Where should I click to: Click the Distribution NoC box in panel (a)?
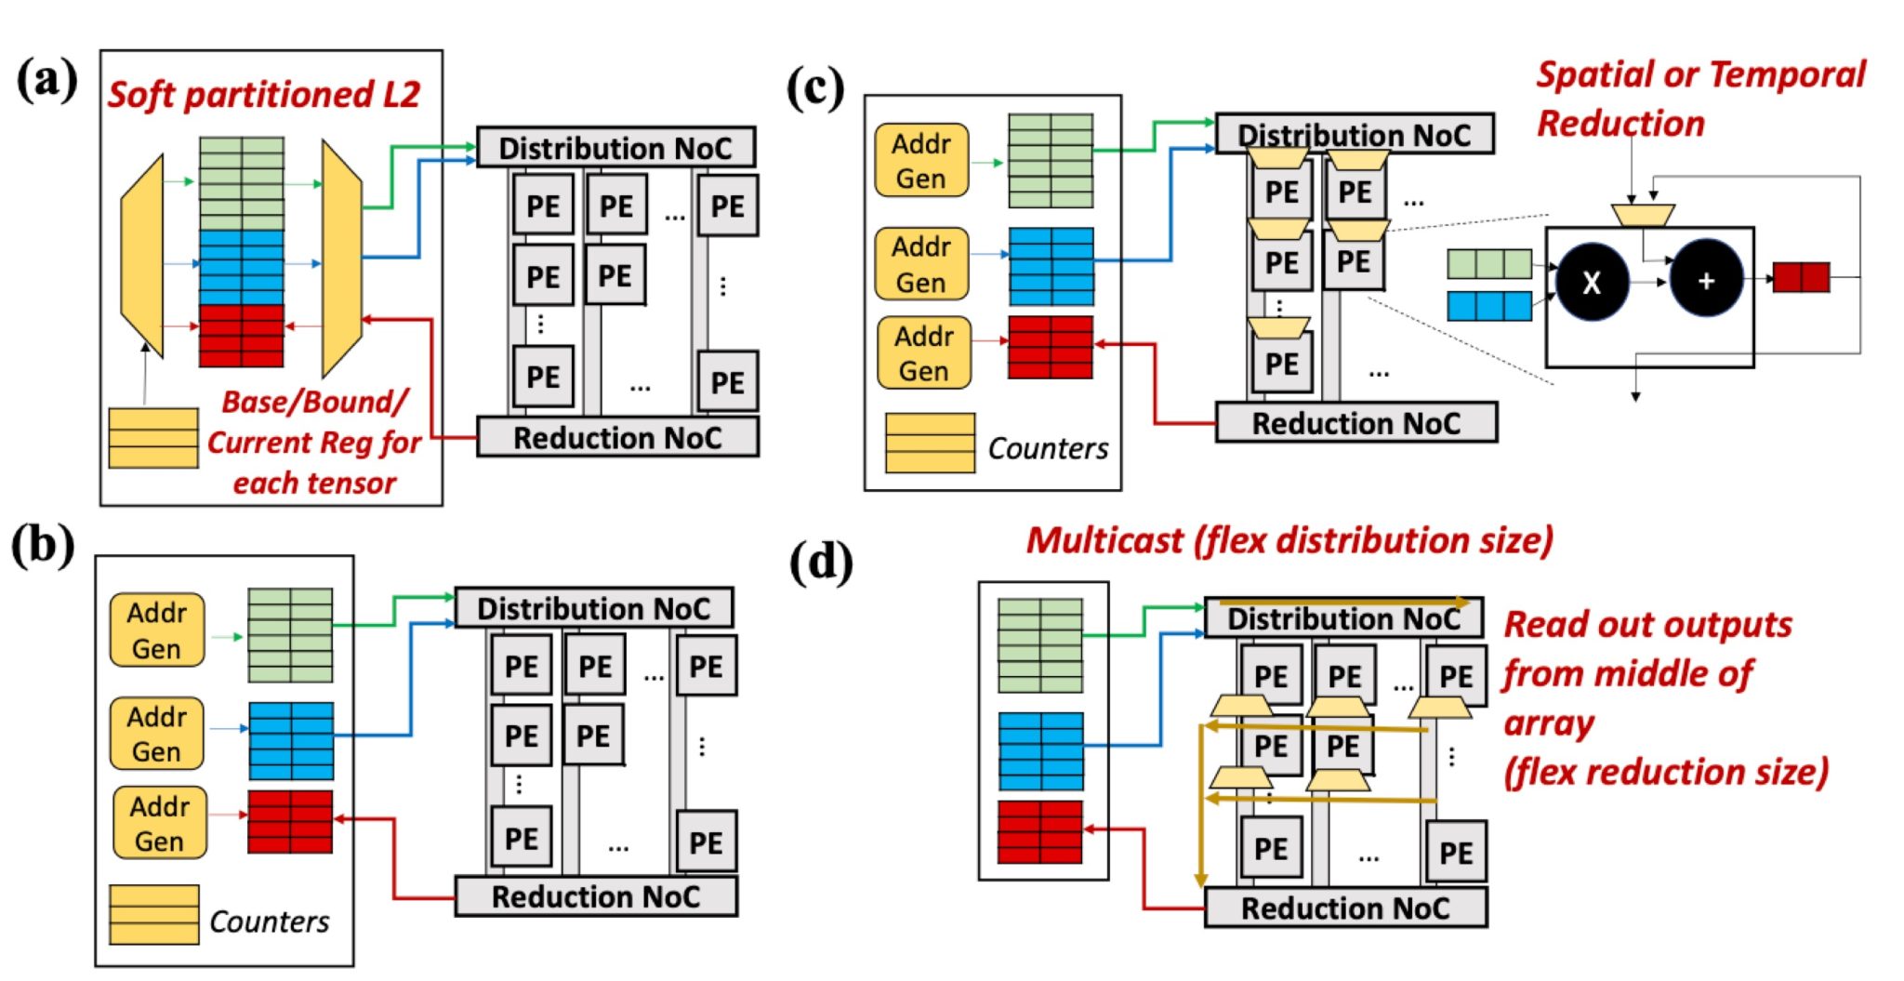(615, 148)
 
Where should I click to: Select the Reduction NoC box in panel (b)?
(596, 896)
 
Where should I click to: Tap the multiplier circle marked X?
(1592, 282)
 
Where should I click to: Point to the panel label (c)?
(814, 90)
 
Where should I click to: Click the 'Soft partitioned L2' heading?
(264, 95)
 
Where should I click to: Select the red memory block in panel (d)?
(1040, 831)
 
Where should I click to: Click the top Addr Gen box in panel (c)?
(921, 161)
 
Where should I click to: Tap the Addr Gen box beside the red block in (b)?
(159, 823)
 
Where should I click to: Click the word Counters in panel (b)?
(269, 921)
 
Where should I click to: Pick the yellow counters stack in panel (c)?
(929, 443)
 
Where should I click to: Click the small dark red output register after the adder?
(1801, 277)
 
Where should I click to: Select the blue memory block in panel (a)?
(242, 267)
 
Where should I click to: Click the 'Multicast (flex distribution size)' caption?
(1289, 540)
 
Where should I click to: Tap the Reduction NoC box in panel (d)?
(1345, 908)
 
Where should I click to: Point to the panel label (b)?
(43, 546)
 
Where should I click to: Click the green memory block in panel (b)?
(290, 634)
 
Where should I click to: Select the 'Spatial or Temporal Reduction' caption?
(1699, 98)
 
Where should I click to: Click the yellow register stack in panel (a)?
(153, 437)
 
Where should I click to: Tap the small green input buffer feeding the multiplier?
(1488, 264)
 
